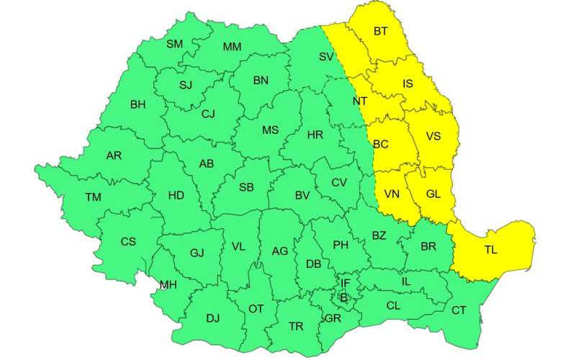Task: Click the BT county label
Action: pos(379,32)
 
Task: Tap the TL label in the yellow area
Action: pos(490,251)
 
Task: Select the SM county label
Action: pos(174,44)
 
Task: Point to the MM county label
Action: pos(232,48)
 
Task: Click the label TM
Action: pos(93,197)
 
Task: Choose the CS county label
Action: pos(127,242)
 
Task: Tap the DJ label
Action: pos(212,318)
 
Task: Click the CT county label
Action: pos(459,310)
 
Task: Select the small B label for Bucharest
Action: pos(343,297)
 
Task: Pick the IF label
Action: pos(346,284)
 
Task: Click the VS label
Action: pos(433,136)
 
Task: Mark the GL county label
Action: pos(433,194)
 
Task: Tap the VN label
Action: pos(392,194)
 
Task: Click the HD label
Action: pos(176,195)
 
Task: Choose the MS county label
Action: pos(270,130)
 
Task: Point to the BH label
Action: pos(138,104)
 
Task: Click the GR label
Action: pos(333,318)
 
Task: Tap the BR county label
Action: pos(428,246)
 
